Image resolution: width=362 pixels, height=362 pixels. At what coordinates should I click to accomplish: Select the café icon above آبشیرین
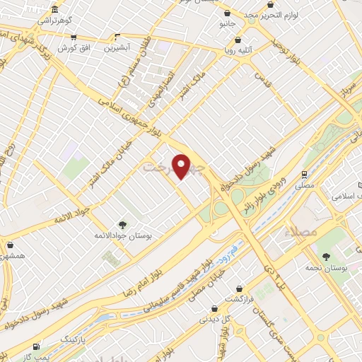click(118, 37)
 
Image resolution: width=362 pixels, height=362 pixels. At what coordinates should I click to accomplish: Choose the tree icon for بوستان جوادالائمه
click(123, 225)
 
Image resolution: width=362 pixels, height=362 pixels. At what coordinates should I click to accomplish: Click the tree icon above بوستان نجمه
click(326, 257)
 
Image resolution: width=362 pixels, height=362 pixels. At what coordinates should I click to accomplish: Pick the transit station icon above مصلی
click(304, 173)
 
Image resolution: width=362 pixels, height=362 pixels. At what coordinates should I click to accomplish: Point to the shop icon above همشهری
click(11, 245)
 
